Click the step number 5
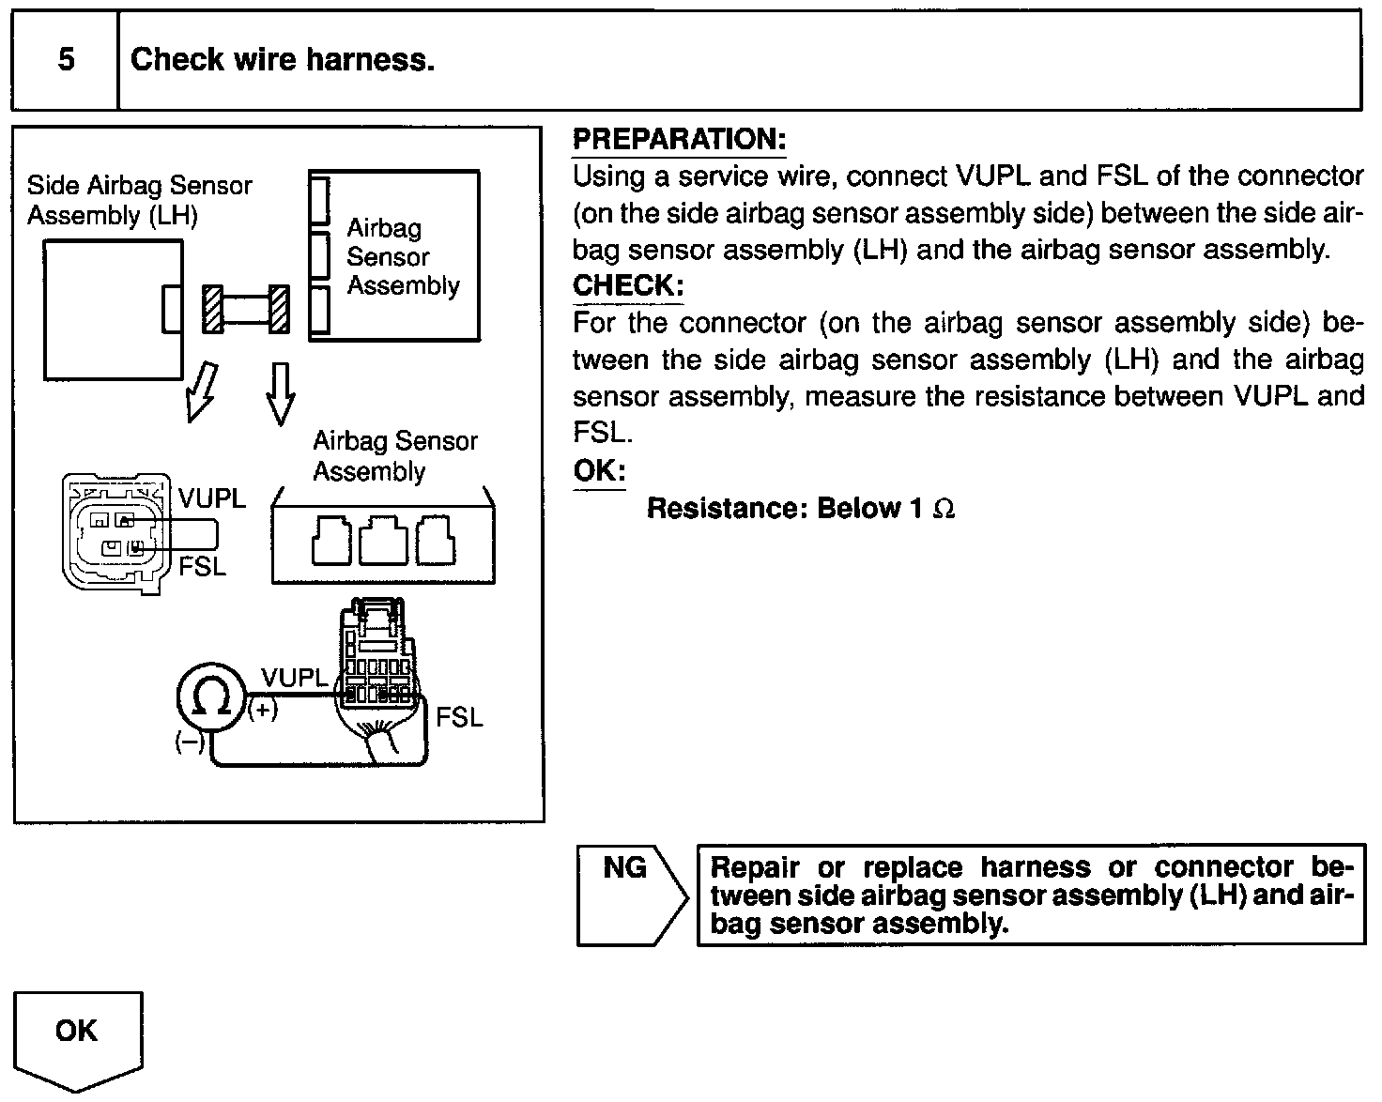point(66,60)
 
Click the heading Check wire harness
point(283,60)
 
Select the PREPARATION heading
point(679,140)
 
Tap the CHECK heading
point(628,285)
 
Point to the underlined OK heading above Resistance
point(599,471)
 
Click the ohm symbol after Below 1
point(944,510)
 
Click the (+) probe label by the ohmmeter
point(263,712)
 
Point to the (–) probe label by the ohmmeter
point(190,743)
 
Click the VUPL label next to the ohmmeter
point(295,678)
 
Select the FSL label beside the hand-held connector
point(459,718)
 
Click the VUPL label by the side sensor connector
point(212,499)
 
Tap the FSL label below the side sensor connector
point(203,568)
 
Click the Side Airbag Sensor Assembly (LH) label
point(139,200)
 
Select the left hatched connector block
point(213,309)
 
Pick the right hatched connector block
point(279,309)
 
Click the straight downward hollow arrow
point(279,392)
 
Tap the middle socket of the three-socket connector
point(383,541)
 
